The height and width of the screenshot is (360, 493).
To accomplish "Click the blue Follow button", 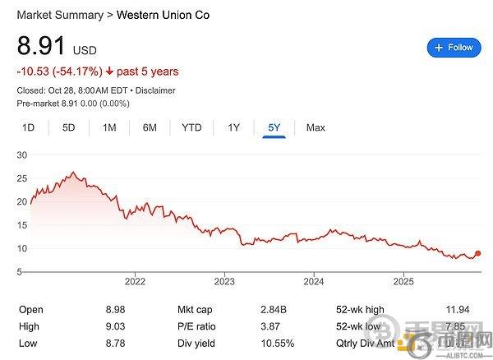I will (x=454, y=48).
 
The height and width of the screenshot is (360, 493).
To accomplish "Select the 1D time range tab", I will (x=28, y=127).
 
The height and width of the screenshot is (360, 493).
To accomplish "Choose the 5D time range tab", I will (x=69, y=127).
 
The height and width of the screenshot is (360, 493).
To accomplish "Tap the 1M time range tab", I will (x=109, y=127).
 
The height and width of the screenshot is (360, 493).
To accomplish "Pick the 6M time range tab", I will (x=150, y=127).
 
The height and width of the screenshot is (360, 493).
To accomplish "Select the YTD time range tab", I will (x=191, y=127).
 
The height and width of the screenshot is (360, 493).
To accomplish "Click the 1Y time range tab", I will (x=234, y=127).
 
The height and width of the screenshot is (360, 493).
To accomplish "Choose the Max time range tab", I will (x=316, y=127).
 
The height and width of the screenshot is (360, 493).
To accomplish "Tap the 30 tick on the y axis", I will (x=22, y=155).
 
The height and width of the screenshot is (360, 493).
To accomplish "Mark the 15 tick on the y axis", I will (x=22, y=224).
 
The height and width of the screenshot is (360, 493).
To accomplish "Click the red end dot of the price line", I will (x=478, y=254).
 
